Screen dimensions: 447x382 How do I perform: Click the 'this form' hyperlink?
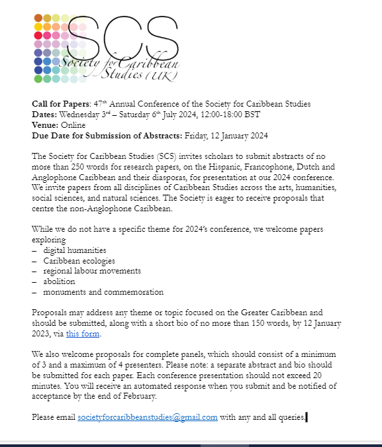(x=83, y=334)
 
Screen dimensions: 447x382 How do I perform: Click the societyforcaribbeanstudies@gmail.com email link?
(x=148, y=417)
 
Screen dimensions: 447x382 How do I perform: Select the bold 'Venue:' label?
(x=45, y=125)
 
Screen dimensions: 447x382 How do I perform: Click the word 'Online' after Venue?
(x=73, y=125)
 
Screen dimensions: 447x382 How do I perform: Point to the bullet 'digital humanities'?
(x=75, y=250)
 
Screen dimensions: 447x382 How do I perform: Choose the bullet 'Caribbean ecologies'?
(x=78, y=261)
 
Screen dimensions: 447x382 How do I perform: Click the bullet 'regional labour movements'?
(x=92, y=271)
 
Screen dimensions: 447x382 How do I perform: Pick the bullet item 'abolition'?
(x=59, y=281)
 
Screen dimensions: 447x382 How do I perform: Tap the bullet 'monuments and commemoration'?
(x=103, y=292)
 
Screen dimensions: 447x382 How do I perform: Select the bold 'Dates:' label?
(x=45, y=115)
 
